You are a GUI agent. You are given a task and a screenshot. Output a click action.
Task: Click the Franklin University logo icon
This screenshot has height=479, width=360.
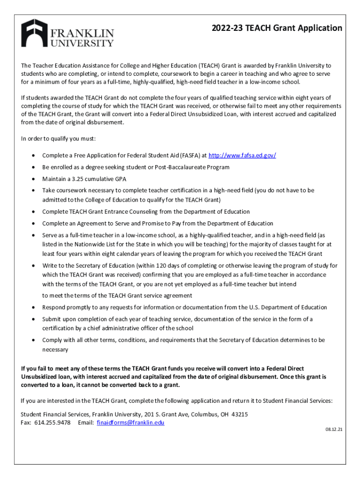coord(34,33)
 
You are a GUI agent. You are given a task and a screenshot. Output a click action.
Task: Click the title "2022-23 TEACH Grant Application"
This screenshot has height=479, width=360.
coord(276,28)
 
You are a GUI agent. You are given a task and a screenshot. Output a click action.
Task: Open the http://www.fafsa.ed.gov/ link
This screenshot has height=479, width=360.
coord(242,155)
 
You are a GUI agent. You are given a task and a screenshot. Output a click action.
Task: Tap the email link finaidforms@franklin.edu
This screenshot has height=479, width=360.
coord(130,422)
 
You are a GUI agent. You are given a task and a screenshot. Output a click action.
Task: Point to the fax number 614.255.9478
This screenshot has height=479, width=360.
coord(53,422)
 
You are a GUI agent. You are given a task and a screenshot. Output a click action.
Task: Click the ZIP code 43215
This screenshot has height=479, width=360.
coord(239,414)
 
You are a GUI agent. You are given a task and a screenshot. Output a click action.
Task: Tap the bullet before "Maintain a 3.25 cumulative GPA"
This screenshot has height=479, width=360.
coord(33,179)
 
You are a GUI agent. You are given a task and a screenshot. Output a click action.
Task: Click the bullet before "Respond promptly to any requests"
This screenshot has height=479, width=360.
coord(33,307)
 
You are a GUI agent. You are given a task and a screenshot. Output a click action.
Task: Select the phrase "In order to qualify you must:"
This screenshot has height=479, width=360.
coord(58,139)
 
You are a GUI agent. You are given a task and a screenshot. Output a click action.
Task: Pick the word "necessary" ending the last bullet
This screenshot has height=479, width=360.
coord(55,349)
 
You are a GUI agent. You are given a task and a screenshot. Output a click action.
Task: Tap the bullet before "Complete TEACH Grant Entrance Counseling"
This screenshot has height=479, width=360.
coord(33,212)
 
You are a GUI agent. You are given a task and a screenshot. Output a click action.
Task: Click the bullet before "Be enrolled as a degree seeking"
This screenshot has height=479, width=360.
coord(33,167)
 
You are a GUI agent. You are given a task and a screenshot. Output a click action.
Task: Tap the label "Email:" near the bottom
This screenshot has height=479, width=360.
coord(86,422)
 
